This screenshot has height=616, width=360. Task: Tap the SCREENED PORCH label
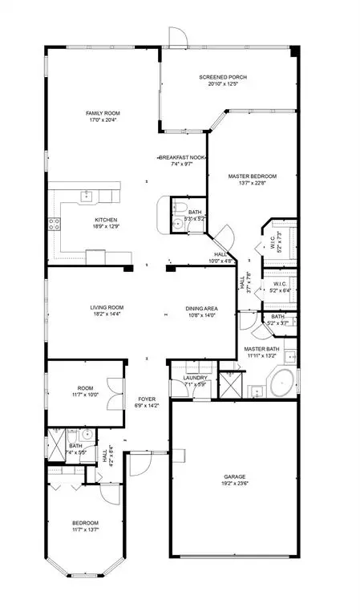point(222,77)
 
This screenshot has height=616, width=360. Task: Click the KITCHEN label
point(107,220)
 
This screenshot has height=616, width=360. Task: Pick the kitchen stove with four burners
point(56,225)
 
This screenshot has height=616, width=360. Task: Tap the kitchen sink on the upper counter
point(86,196)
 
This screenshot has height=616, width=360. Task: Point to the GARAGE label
point(234,476)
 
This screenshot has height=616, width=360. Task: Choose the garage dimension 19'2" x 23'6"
point(234,484)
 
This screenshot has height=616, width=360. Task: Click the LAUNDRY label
point(196,378)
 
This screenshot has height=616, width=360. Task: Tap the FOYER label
point(147,399)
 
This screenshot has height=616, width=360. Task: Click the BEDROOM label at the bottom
point(85,522)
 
